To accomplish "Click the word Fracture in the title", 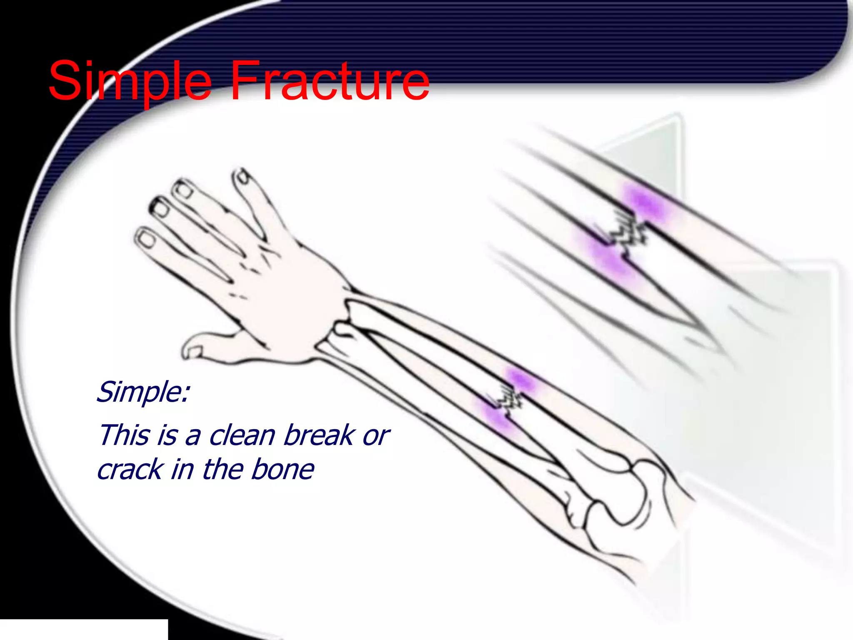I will point(329,81).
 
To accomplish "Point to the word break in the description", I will point(319,436).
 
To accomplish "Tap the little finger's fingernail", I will point(146,239).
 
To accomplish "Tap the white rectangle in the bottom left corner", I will point(83,629).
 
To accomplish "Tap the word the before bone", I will point(225,470).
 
